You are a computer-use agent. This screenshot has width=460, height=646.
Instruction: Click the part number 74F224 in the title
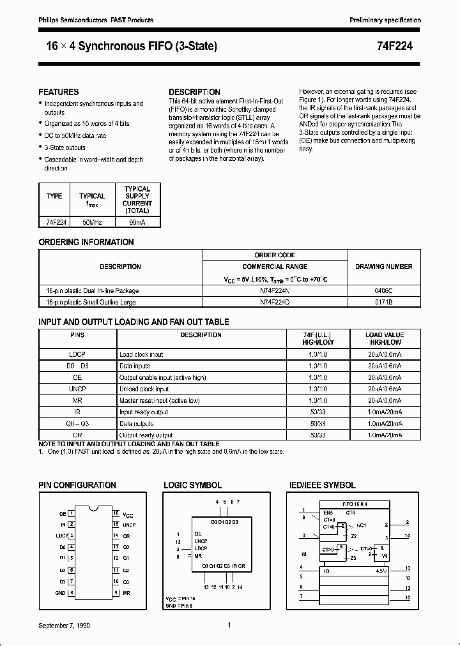tap(404, 46)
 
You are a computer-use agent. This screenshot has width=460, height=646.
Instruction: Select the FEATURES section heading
tap(59, 92)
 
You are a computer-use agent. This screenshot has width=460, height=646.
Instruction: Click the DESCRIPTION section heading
tap(194, 92)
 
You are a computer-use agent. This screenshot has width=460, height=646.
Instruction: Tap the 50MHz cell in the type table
tap(92, 222)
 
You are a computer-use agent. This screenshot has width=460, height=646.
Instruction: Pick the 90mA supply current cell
tap(137, 222)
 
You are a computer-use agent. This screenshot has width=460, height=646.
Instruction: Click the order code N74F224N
tap(275, 290)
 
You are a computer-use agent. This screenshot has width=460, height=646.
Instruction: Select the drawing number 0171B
tap(383, 302)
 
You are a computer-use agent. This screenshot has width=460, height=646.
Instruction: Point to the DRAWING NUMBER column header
tap(383, 266)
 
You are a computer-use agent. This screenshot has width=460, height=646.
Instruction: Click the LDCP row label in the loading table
tap(77, 354)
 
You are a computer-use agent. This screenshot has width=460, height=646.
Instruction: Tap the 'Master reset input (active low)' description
tap(160, 400)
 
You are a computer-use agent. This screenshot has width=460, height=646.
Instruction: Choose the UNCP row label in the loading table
tap(77, 389)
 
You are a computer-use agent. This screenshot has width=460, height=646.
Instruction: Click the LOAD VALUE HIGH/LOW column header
tap(384, 338)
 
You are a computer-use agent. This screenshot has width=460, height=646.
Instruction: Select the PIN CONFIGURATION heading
tap(77, 485)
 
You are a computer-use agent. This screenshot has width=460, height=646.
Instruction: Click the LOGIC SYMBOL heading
tap(193, 485)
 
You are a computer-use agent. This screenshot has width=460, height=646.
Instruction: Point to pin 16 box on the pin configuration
tap(116, 513)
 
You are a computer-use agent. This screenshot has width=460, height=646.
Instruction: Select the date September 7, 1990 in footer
tap(64, 626)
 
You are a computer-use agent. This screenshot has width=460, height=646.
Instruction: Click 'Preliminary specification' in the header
tap(385, 20)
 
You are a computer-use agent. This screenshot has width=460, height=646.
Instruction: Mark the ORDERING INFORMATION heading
tap(86, 243)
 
